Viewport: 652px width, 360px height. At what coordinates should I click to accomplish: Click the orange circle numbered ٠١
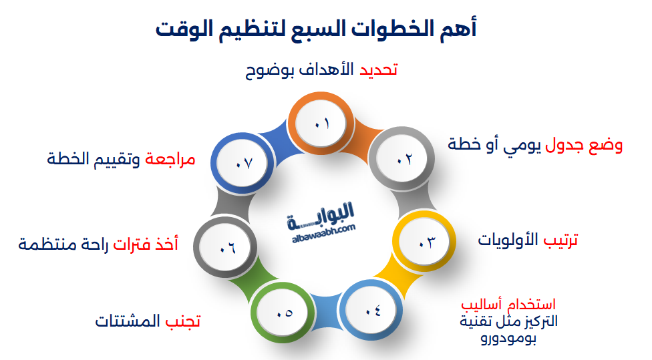click(321, 124)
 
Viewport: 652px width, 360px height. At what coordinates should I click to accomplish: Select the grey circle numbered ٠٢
click(402, 159)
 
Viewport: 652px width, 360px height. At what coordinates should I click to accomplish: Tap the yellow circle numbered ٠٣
click(424, 241)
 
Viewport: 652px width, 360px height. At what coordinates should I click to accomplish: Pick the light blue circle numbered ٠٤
click(371, 311)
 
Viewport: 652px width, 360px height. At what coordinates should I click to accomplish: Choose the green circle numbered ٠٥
click(283, 313)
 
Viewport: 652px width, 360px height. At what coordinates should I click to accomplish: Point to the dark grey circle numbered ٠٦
click(225, 247)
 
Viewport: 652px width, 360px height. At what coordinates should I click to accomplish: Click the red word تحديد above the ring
click(378, 69)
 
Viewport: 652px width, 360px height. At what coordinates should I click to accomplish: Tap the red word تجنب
click(183, 321)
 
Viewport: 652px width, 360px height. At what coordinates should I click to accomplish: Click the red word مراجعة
click(170, 159)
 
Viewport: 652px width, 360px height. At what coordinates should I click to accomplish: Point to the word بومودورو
click(508, 338)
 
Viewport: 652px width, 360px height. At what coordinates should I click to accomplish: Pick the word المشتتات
click(128, 321)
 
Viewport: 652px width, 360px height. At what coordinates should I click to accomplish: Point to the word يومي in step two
click(522, 145)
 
